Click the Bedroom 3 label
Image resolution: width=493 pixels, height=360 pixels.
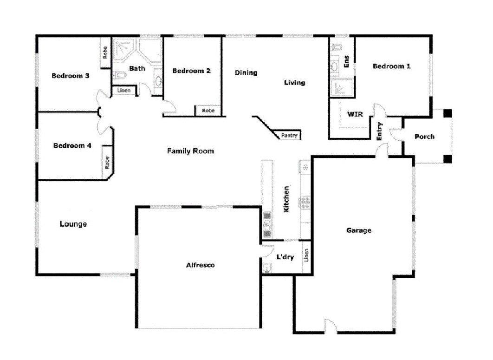pos(71,76)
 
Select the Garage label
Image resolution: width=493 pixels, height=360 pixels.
pos(359,230)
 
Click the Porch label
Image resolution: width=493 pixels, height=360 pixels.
pos(424,137)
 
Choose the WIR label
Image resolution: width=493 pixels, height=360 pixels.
pos(355,114)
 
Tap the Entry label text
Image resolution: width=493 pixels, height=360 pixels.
pos(379,131)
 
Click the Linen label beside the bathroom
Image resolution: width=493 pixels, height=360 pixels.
pos(124,91)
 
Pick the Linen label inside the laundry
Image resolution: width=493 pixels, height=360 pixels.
pos(306,256)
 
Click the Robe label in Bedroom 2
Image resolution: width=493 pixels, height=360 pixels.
pos(208,111)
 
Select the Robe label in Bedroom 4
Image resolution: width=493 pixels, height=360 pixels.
pos(107,163)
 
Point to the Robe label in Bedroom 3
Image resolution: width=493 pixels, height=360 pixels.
pos(106,52)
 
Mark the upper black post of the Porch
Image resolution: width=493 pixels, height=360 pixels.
pos(447,113)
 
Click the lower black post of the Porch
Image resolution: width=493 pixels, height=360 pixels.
pos(447,158)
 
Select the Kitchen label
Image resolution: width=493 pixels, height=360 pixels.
pos(287,200)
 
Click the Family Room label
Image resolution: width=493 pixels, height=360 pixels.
pos(190,151)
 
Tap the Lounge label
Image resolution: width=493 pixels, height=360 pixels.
pos(73,224)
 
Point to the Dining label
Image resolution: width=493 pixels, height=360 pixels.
pos(246,73)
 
